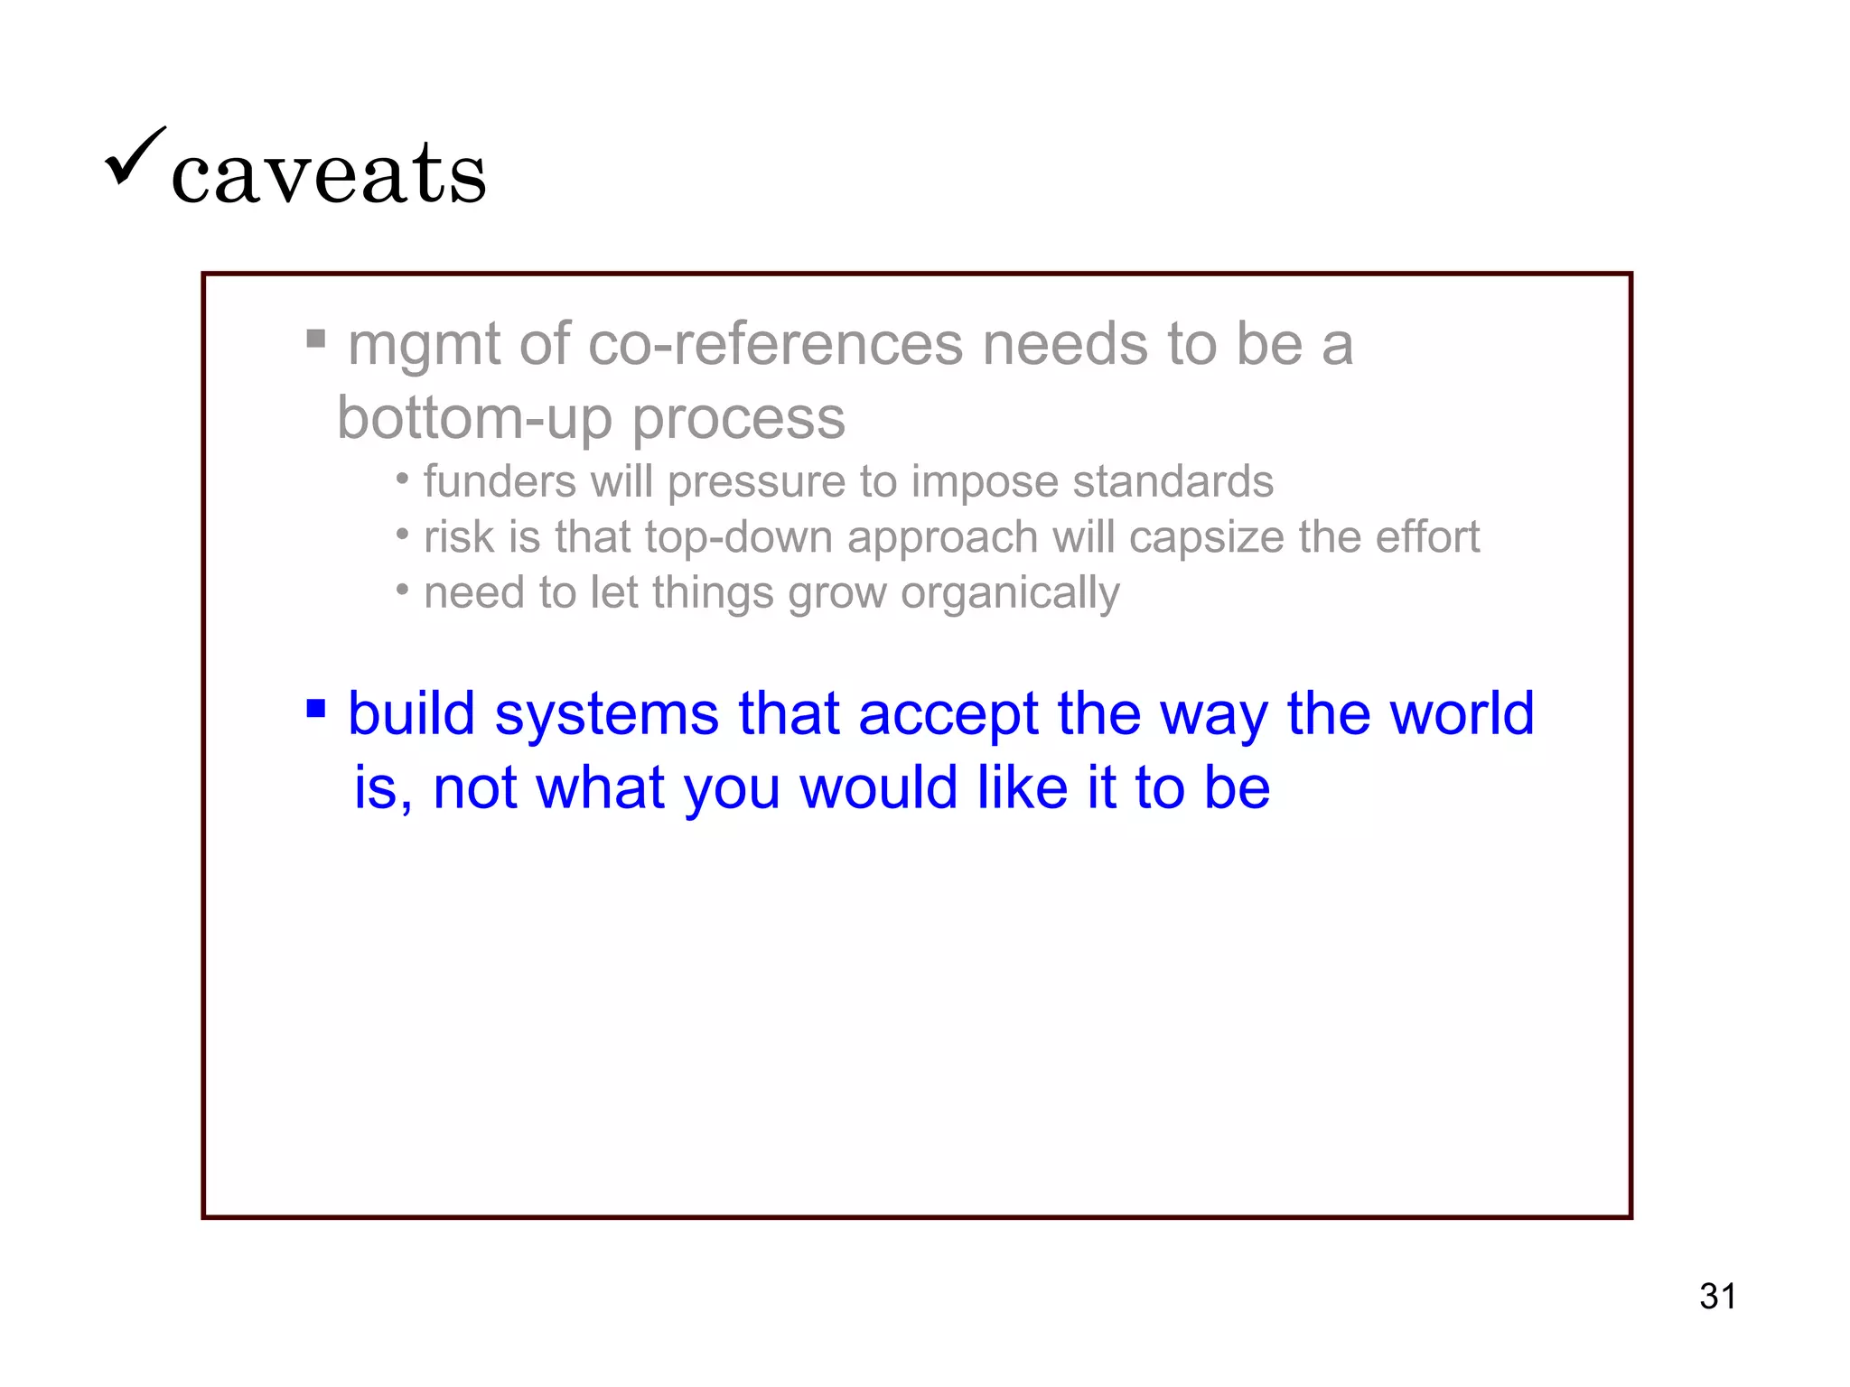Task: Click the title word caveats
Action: (x=329, y=173)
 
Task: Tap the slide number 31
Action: (x=1717, y=1296)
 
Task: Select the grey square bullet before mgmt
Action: (x=315, y=339)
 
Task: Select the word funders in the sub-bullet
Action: (x=500, y=481)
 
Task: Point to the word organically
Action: (x=1010, y=594)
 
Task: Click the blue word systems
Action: (x=607, y=713)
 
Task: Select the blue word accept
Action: (x=948, y=713)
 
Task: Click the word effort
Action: (x=1427, y=537)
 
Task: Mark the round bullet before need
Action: (x=403, y=591)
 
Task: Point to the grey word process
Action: (x=738, y=420)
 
